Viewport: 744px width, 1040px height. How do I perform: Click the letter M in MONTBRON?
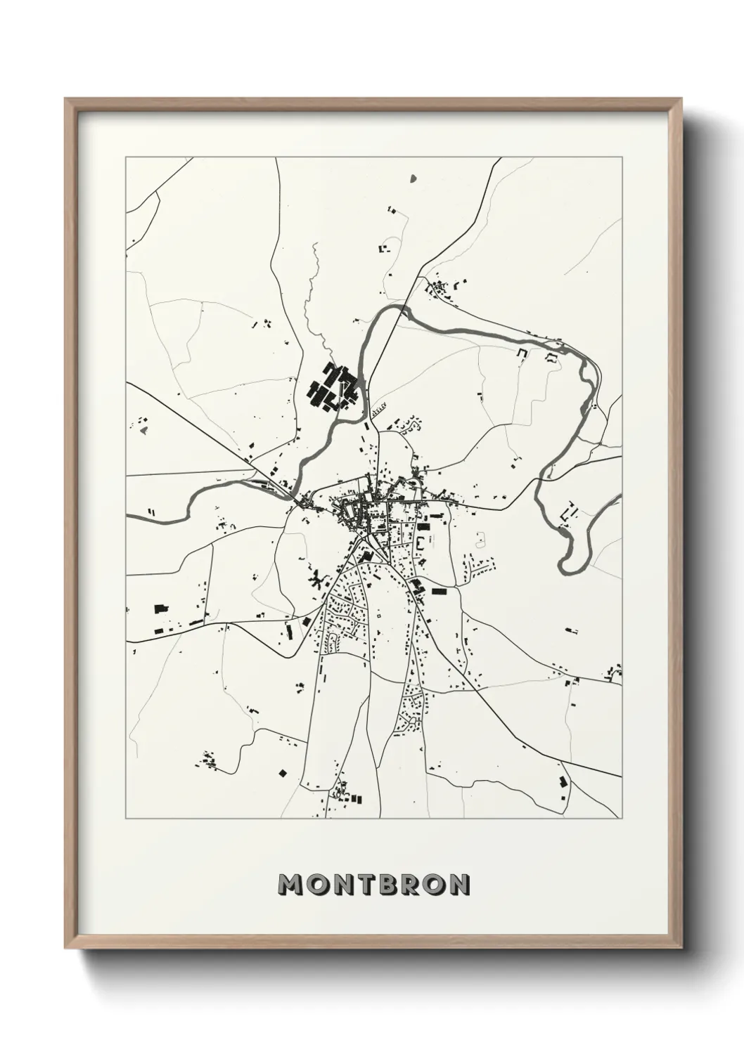pos(291,885)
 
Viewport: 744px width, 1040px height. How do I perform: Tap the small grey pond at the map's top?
pos(413,178)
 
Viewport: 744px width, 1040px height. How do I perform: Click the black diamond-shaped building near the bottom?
pos(283,773)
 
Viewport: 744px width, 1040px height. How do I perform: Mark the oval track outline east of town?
pos(481,540)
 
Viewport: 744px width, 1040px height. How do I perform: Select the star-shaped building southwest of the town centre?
pos(316,580)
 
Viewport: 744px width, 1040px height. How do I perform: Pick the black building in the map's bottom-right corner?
pos(562,781)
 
